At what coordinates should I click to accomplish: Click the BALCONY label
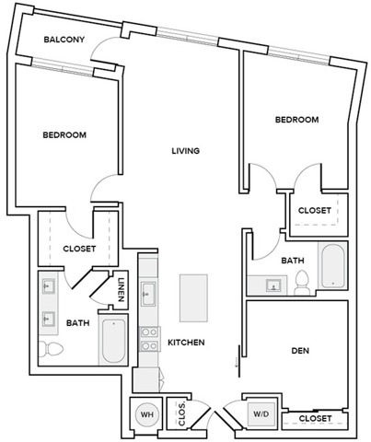[x=64, y=40]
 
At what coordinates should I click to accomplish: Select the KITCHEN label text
[x=185, y=343]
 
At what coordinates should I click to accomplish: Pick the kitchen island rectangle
[x=192, y=297]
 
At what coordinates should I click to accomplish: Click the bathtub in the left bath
[x=112, y=340]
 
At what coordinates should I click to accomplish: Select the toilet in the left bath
[x=51, y=350]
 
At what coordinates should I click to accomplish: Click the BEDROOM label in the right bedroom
[x=296, y=120]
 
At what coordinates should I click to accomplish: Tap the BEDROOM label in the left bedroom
[x=64, y=135]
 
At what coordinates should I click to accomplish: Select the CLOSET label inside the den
[x=316, y=419]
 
